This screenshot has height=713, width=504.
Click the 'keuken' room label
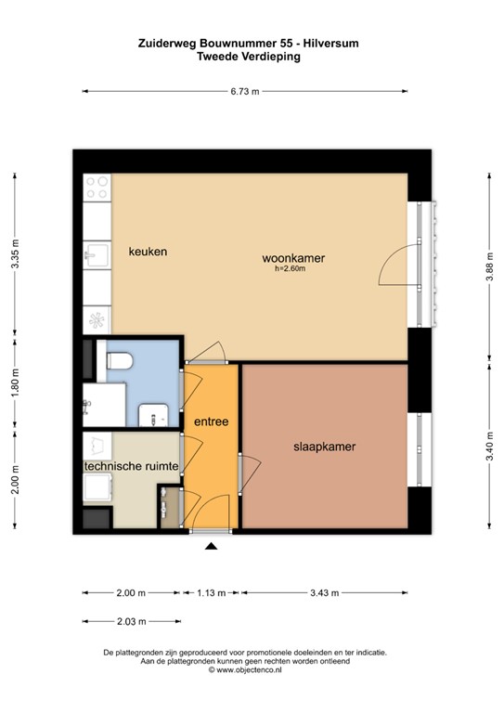click(148, 252)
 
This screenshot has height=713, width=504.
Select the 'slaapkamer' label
click(324, 447)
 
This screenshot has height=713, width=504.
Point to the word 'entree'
click(211, 421)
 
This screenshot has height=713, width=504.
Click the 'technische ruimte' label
click(131, 466)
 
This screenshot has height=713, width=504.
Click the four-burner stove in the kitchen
click(97, 188)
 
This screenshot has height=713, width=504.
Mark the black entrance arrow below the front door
click(211, 548)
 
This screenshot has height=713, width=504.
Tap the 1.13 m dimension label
click(211, 592)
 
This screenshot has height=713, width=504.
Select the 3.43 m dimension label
click(324, 592)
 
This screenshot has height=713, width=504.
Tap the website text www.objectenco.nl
click(256, 668)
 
